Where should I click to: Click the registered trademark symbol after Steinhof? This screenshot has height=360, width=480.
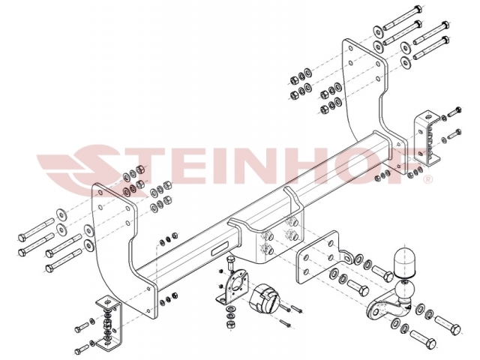tap(427, 179)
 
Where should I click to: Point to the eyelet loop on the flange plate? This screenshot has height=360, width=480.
tap(348, 256)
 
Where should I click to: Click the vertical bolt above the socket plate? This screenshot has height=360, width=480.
tap(230, 263)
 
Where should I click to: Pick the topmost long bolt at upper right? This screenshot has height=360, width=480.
tap(403, 17)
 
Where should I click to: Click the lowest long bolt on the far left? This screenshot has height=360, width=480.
tap(64, 260)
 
